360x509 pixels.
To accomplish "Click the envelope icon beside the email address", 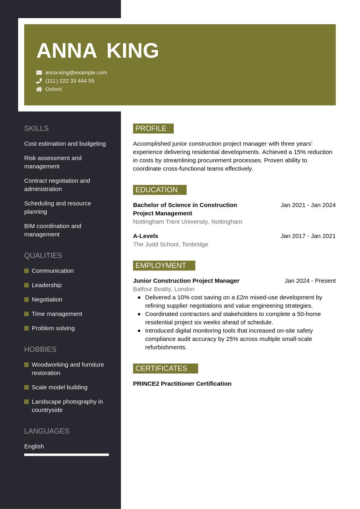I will (39, 73).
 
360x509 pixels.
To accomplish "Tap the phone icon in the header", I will (39, 81).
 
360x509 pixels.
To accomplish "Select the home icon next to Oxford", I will (39, 89).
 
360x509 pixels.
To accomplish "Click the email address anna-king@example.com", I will (76, 73).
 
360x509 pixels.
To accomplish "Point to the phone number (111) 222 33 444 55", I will (70, 81).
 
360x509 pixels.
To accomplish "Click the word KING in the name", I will (133, 51).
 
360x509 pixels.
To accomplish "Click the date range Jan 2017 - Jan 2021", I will (308, 236).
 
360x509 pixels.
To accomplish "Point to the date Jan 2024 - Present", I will (310, 280).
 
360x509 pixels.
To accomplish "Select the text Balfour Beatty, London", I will (164, 289).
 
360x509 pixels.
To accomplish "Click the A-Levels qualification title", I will (146, 236).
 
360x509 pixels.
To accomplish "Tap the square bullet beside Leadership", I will (27, 285).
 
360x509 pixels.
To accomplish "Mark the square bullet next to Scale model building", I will (27, 387).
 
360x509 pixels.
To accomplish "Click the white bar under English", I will (67, 455).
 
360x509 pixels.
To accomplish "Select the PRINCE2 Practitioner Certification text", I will (182, 384).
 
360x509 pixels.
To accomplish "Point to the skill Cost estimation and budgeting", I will (65, 143).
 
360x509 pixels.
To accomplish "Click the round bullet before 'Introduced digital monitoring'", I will (139, 330).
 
